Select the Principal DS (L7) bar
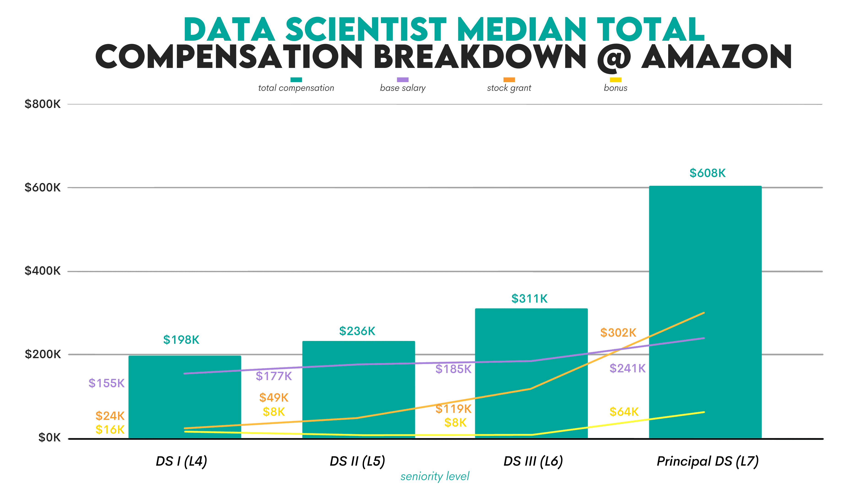(x=705, y=270)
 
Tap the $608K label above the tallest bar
(x=707, y=173)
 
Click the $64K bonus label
(x=624, y=412)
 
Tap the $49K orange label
(x=274, y=398)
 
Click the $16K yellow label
(x=110, y=430)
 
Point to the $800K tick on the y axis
(x=42, y=104)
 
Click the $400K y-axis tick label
(x=42, y=271)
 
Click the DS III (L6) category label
(x=533, y=461)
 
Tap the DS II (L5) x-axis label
(x=357, y=461)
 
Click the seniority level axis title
(x=435, y=476)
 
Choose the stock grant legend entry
(x=509, y=88)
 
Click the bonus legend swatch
(x=615, y=80)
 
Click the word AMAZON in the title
(x=716, y=57)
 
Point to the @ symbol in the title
(x=614, y=57)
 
